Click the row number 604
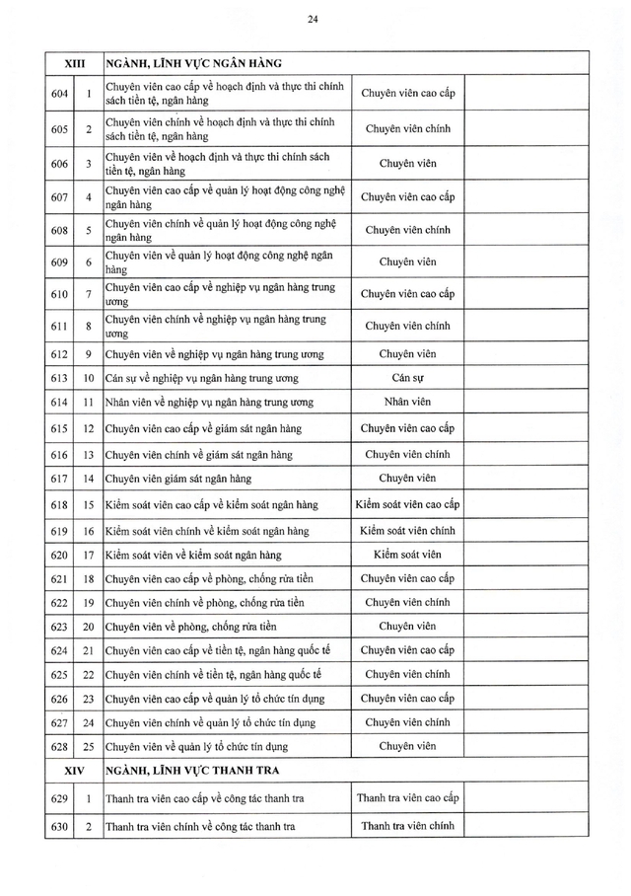tap(59, 95)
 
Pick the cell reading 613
tap(59, 378)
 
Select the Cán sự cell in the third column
tap(407, 378)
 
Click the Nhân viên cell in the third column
tap(407, 402)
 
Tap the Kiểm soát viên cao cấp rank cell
tap(407, 504)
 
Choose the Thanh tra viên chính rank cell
tap(407, 826)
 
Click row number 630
tap(59, 826)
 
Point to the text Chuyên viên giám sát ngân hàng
tap(178, 479)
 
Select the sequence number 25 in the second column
tap(88, 746)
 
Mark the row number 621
tap(59, 578)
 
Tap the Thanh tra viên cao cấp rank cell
tap(407, 797)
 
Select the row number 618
tap(59, 504)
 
